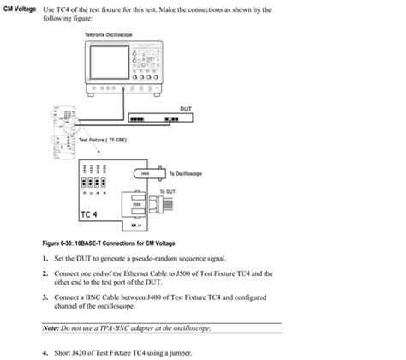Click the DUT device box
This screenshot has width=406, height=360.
click(151, 118)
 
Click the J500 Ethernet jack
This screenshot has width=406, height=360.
click(138, 205)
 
